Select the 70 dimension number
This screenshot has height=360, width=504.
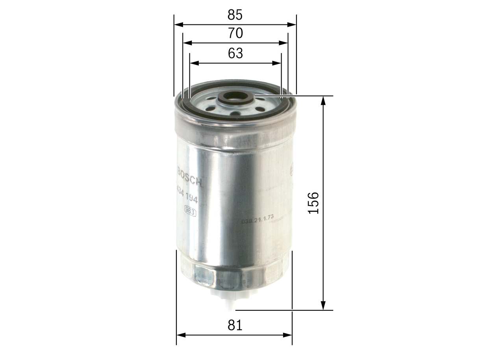pos(235,33)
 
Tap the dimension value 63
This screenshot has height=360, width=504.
pos(235,53)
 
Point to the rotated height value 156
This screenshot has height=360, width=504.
pos(313,203)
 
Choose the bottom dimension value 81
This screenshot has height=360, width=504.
pos(235,325)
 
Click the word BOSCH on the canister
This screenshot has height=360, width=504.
pos(190,176)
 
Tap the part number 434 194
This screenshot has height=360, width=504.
pos(187,197)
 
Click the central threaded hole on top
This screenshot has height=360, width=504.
pos(235,96)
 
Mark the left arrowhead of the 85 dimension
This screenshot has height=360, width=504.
pos(178,24)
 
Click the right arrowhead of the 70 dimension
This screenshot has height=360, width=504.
pos(284,43)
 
